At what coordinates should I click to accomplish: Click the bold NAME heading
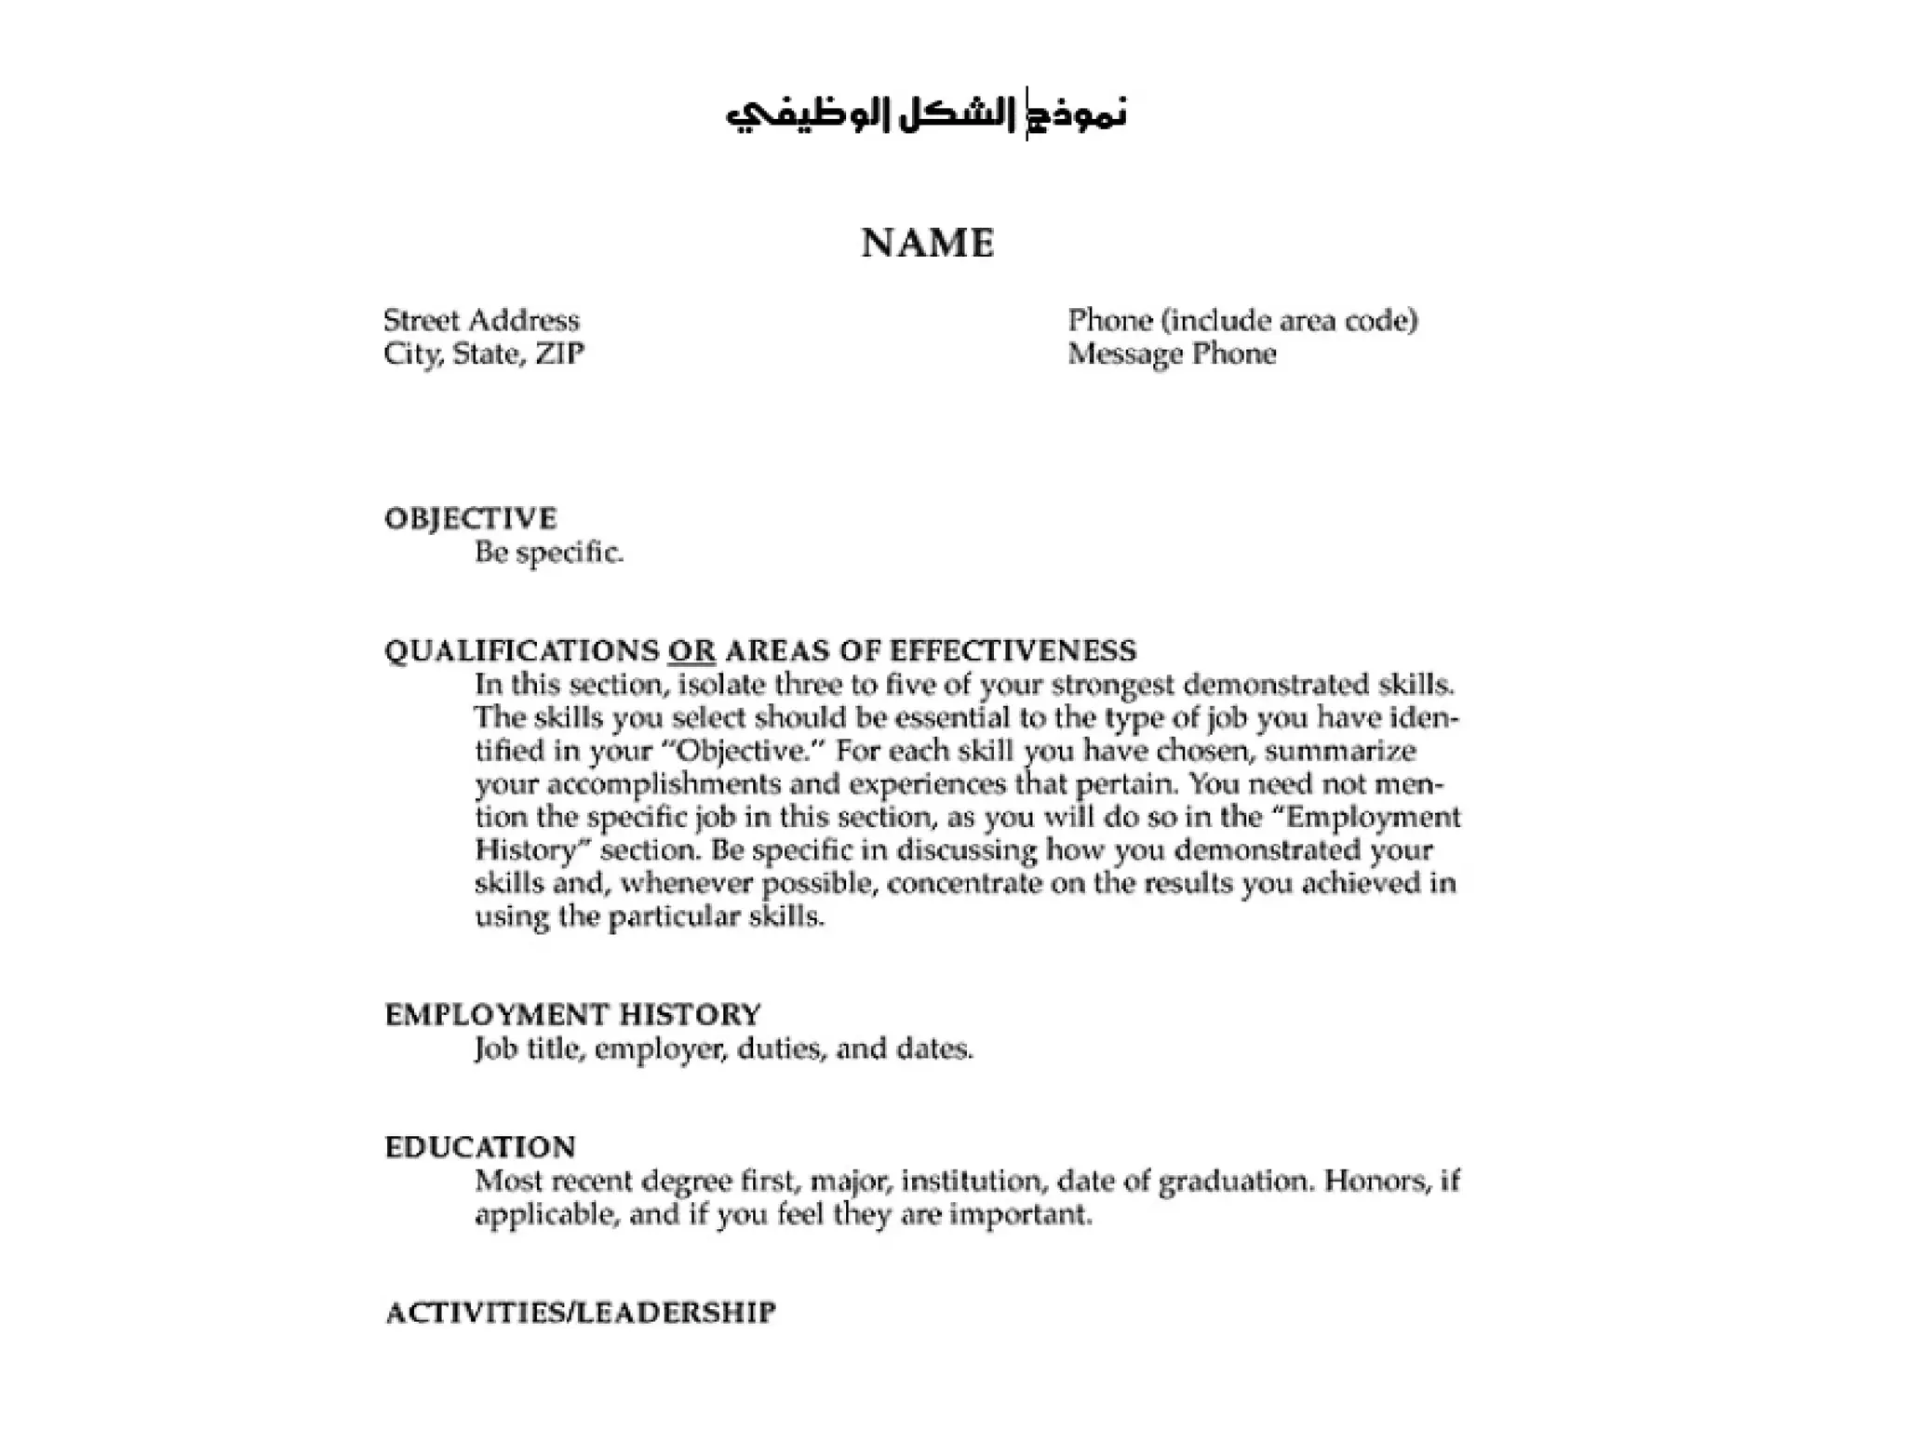[928, 244]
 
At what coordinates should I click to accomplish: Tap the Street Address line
[481, 321]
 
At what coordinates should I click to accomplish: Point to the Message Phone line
[1172, 354]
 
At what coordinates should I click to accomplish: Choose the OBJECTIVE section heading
[470, 518]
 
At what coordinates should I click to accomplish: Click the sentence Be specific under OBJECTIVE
[548, 553]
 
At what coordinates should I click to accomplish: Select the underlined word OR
[691, 650]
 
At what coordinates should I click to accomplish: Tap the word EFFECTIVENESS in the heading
[1013, 650]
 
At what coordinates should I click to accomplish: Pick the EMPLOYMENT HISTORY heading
[572, 1014]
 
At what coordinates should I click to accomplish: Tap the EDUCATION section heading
[480, 1146]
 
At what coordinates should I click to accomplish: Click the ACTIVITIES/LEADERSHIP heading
[580, 1313]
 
